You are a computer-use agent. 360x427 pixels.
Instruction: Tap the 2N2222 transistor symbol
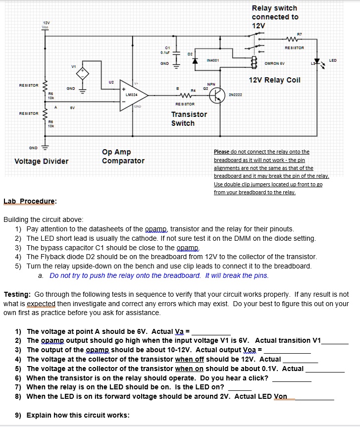pos(216,96)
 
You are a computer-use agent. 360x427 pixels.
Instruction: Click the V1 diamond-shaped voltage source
pos(83,74)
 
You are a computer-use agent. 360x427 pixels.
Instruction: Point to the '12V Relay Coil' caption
pos(274,80)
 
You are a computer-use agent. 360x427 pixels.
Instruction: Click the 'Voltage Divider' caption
pos(42,161)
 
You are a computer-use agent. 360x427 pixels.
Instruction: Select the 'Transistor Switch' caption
pos(189,118)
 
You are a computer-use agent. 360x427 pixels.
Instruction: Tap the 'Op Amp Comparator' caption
pos(123,157)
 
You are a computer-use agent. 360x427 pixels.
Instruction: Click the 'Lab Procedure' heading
pos(30,201)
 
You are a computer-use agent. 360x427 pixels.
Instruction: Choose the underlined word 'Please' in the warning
pos(221,152)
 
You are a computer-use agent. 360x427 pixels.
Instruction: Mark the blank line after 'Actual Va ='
pos(211,332)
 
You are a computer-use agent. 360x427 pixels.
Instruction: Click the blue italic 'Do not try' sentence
pos(159,275)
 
